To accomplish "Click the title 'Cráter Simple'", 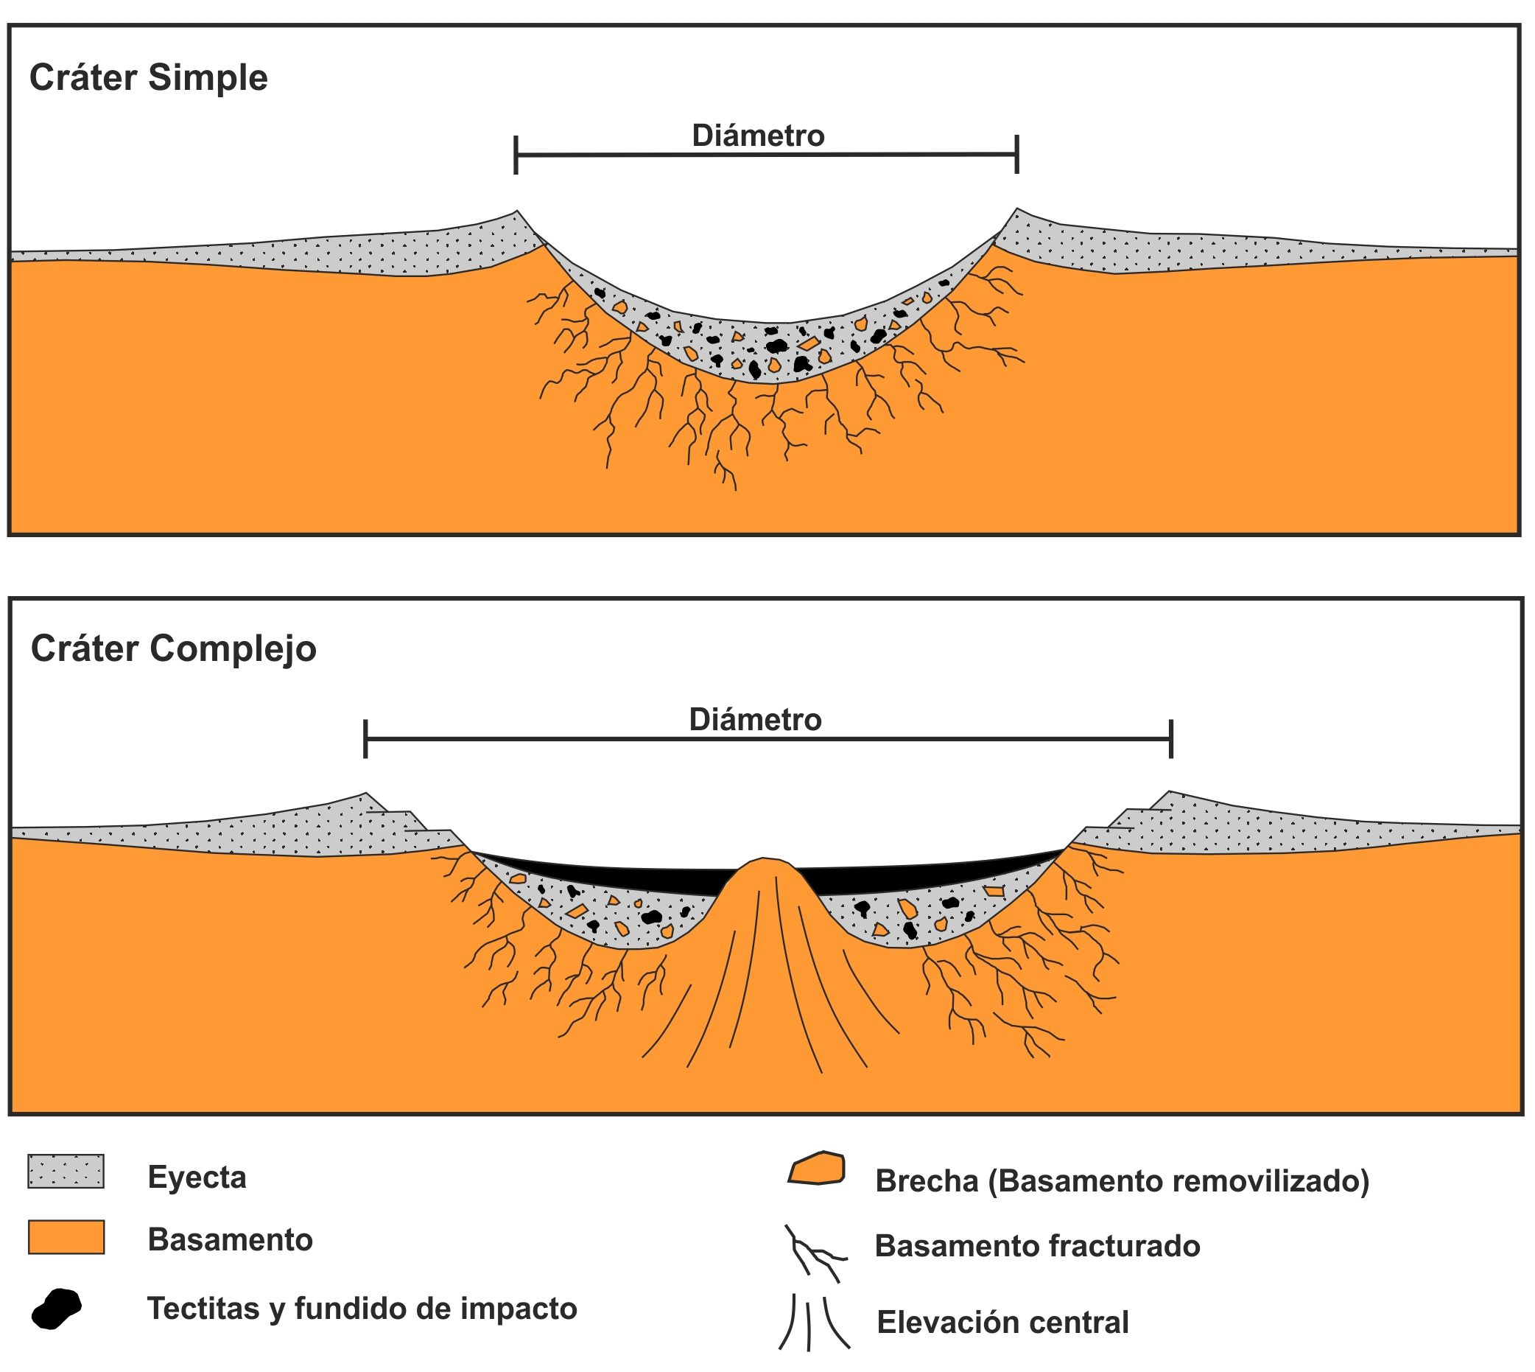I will [x=149, y=77].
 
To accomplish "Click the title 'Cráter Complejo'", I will [x=173, y=648].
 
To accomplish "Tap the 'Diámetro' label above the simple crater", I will [x=758, y=136].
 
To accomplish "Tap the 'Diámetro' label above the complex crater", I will [x=755, y=720].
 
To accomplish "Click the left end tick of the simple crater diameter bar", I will [x=516, y=155].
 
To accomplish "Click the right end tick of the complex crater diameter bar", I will [x=1170, y=740].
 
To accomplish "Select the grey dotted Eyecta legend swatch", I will [x=66, y=1172].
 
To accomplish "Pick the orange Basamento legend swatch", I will [x=66, y=1237].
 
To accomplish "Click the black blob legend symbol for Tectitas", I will [x=57, y=1309].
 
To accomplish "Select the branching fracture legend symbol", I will [x=814, y=1253].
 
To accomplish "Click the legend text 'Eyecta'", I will [x=197, y=1177].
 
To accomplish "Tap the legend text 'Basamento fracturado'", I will [x=1037, y=1246].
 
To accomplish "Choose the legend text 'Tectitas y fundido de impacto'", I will [x=362, y=1309].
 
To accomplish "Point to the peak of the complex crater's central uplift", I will [x=764, y=860].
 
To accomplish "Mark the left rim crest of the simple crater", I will [x=516, y=211].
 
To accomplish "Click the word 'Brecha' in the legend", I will [x=926, y=1181].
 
